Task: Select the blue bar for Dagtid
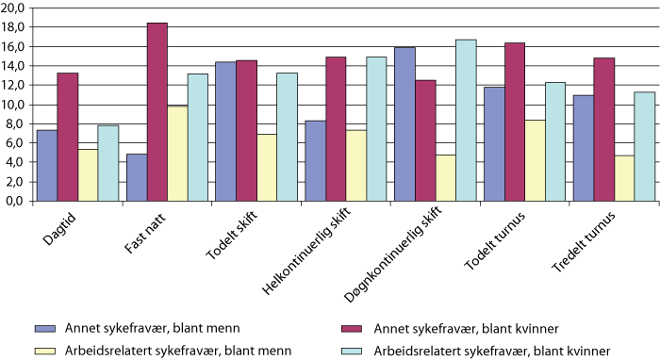[x=47, y=166]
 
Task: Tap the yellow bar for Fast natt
[x=178, y=154]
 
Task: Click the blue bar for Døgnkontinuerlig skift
[x=404, y=124]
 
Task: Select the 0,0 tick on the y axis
[x=16, y=201]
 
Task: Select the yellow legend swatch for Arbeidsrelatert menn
[x=46, y=348]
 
